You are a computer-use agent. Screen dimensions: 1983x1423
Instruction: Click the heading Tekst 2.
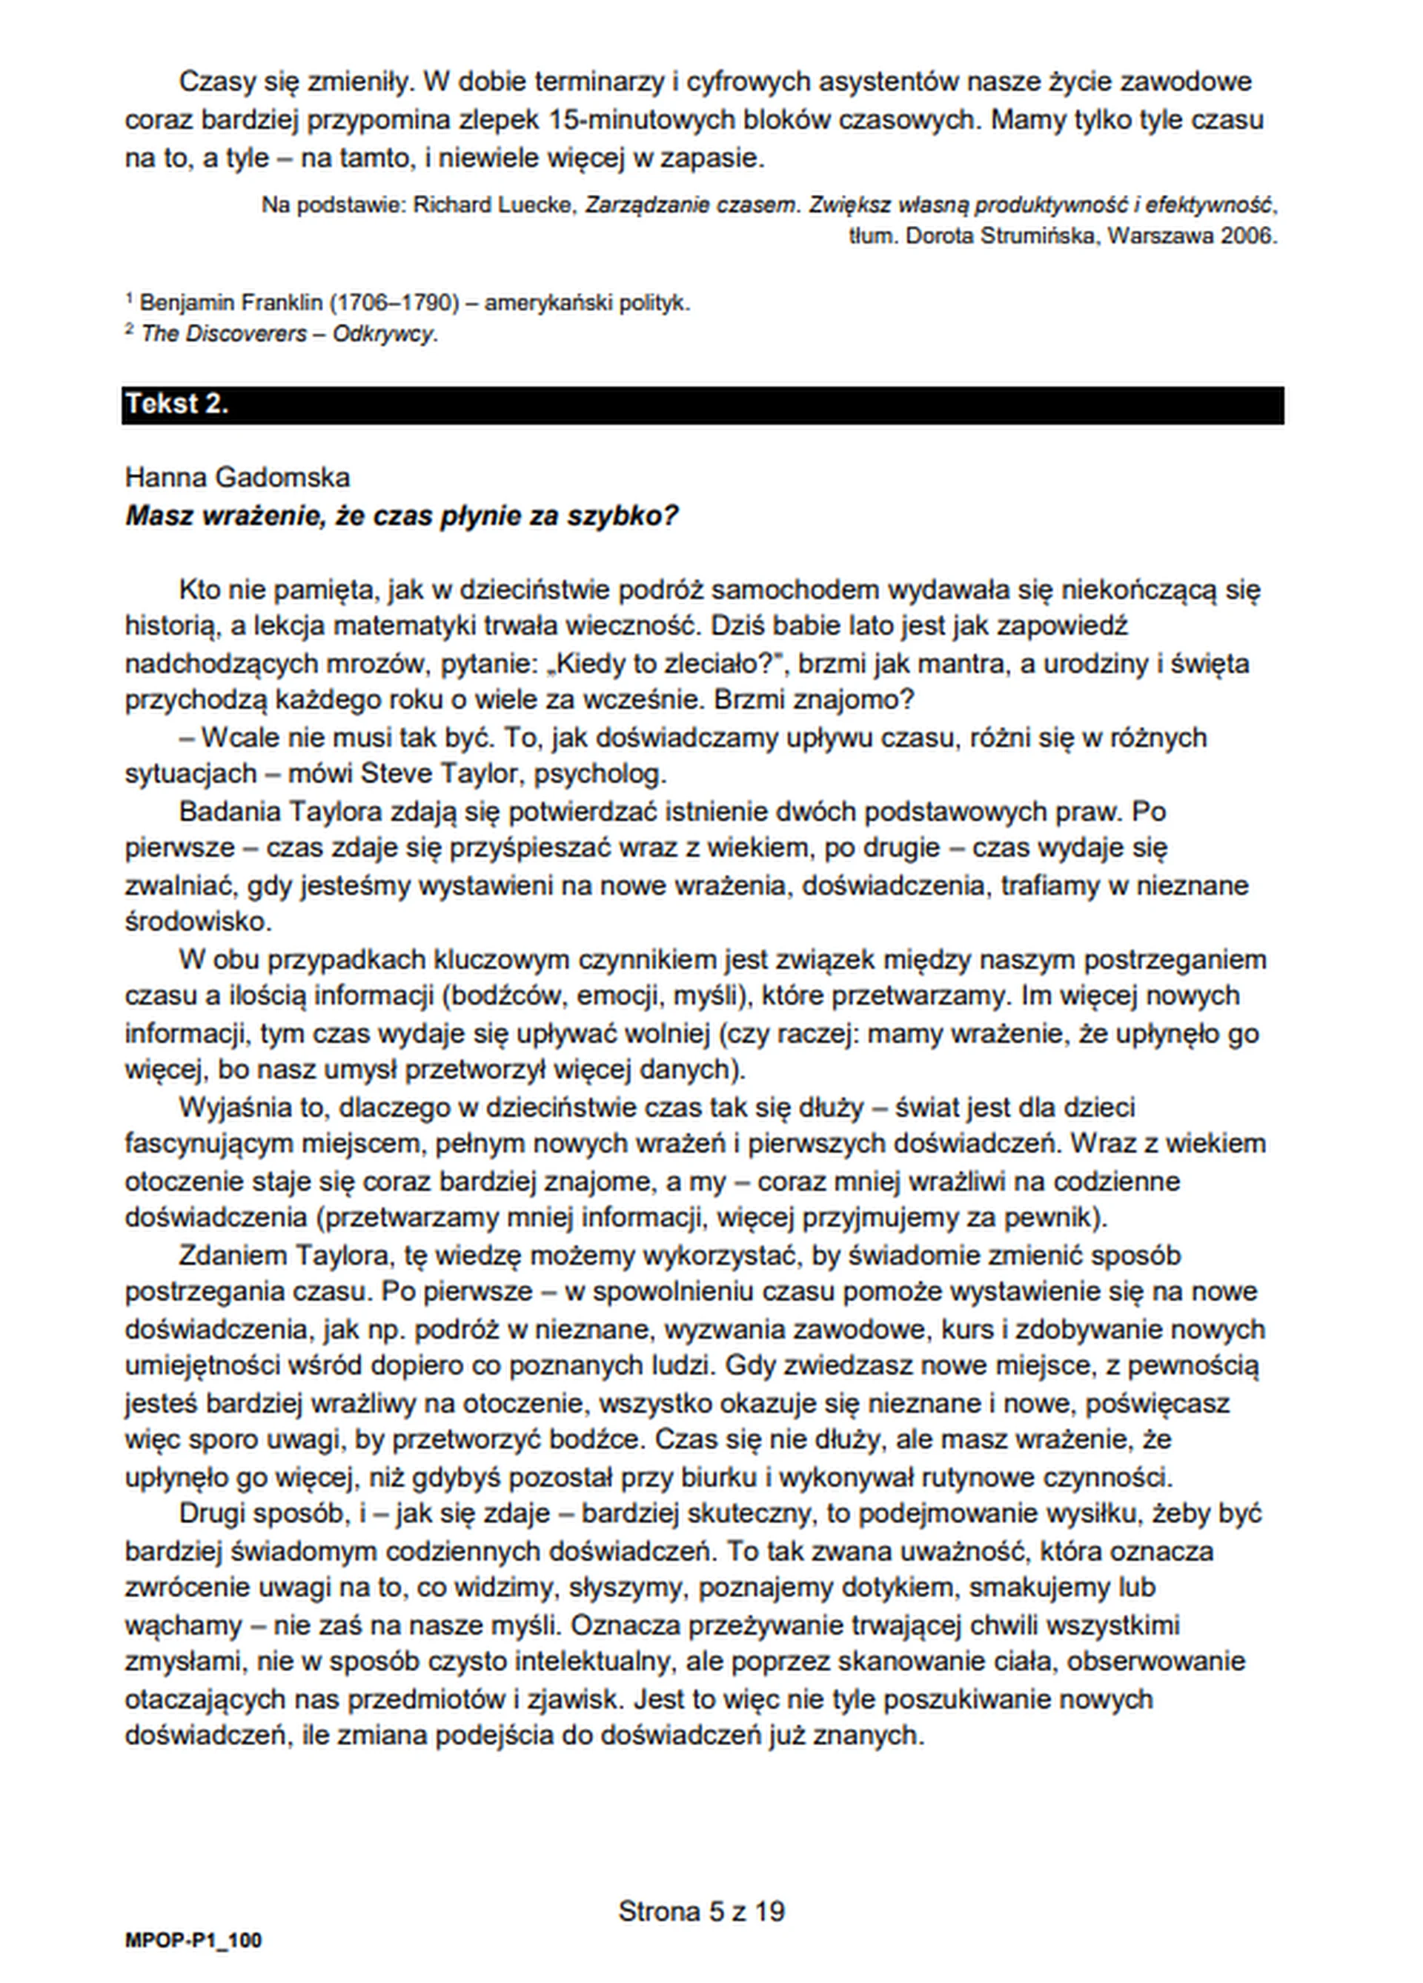[x=176, y=404]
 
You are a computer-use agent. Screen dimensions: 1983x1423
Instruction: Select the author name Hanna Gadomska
[x=237, y=477]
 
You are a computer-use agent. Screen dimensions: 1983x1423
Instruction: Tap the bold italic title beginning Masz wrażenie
[x=402, y=516]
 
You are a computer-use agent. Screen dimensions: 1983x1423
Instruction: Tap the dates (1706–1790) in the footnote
[x=394, y=304]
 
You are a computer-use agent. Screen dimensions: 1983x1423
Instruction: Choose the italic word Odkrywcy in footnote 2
[x=385, y=334]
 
